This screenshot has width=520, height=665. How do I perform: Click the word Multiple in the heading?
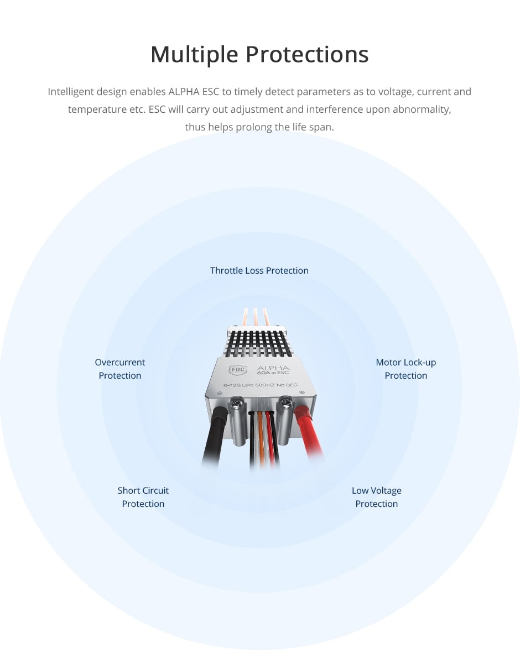[194, 55]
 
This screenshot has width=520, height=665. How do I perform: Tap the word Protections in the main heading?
[307, 55]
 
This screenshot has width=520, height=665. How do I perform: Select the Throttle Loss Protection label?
[259, 270]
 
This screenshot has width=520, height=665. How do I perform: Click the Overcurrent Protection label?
[119, 369]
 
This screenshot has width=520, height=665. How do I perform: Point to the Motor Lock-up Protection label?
[406, 369]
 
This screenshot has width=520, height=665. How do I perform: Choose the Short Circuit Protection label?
[143, 497]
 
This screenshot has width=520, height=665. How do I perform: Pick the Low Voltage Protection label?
[376, 497]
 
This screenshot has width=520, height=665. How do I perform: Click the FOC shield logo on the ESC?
[238, 370]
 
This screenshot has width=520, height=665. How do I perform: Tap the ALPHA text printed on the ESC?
[273, 368]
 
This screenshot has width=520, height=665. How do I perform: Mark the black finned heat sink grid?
[259, 344]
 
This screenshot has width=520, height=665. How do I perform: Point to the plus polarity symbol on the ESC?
[301, 392]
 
